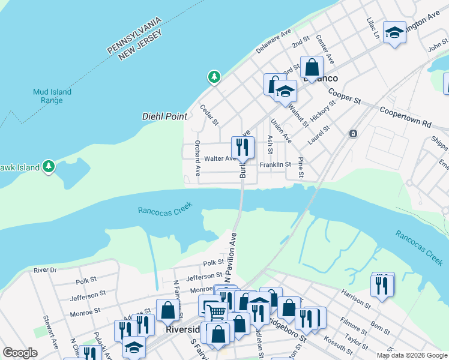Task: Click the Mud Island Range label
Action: click(x=52, y=96)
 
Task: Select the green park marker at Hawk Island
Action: click(x=49, y=166)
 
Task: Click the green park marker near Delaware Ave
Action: click(x=214, y=77)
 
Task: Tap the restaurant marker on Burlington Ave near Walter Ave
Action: click(x=243, y=147)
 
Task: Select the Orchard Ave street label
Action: click(x=197, y=158)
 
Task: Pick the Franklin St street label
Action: click(x=275, y=164)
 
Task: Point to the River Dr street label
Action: click(x=45, y=270)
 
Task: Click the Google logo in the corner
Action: click(x=20, y=353)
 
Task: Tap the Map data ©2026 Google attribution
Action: click(x=411, y=355)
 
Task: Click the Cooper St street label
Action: click(x=344, y=97)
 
